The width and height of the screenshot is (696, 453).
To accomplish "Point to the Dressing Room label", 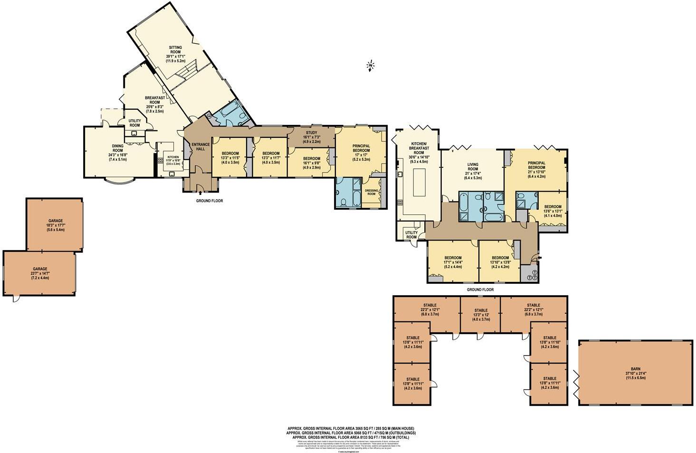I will coord(371,192).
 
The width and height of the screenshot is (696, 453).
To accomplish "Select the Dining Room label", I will coord(117,153).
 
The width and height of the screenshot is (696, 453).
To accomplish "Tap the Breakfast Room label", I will coord(155,102).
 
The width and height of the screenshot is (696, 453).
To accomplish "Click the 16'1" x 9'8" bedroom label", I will coord(311,163).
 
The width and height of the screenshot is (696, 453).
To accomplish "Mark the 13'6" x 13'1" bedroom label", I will coord(553,211).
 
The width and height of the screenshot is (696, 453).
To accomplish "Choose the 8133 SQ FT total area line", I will coord(351,437).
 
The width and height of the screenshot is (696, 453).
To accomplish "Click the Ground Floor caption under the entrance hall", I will coord(210,201).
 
